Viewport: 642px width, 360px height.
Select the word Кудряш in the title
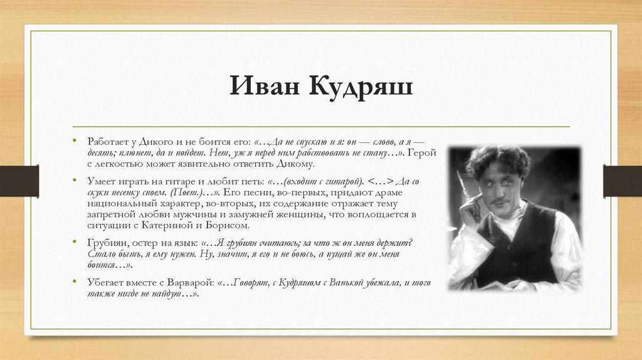359,87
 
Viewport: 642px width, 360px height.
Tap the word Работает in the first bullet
108,142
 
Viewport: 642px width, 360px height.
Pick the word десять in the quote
102,152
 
